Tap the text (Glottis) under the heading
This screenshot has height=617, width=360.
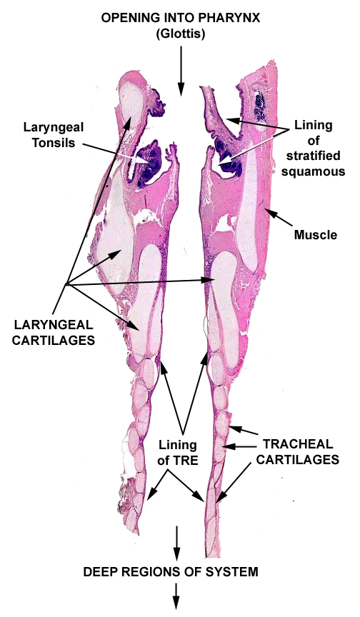(181, 34)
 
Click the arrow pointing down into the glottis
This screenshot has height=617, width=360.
(181, 71)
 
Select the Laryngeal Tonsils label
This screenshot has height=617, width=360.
(53, 134)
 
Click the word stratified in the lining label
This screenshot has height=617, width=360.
(313, 156)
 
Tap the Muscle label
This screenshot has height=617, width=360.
(316, 235)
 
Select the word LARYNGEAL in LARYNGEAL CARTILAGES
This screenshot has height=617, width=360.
(54, 325)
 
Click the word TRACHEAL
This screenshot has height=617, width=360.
(299, 444)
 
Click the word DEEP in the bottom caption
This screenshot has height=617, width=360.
(97, 572)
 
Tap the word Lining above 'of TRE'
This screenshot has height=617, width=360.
(178, 445)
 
